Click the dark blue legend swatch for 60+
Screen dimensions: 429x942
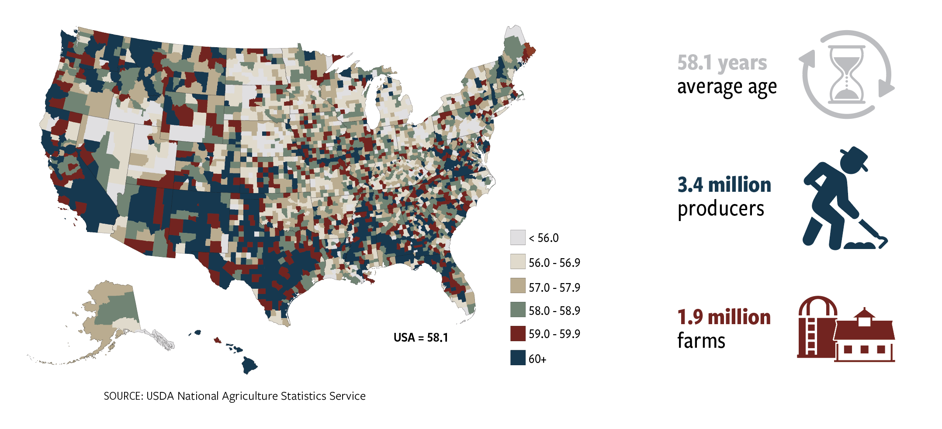point(518,358)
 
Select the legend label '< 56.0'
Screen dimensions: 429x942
point(544,238)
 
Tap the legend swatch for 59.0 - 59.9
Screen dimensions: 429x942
point(518,333)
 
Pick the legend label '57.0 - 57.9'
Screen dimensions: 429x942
point(554,287)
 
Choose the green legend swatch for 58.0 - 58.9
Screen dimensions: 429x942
point(518,310)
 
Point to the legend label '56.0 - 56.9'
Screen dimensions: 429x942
point(554,263)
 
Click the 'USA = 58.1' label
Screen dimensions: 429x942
point(420,338)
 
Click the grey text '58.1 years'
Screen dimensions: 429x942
point(722,62)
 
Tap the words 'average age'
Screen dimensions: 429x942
point(727,87)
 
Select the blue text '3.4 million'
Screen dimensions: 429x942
point(724,185)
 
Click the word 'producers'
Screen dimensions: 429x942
point(720,209)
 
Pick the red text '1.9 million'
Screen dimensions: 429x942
point(724,317)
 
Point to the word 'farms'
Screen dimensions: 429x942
point(701,341)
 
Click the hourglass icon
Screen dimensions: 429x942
point(846,74)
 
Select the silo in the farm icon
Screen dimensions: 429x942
point(816,328)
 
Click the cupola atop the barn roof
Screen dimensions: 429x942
point(864,318)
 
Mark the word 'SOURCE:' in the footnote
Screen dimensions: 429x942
point(123,396)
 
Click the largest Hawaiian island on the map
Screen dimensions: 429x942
point(249,365)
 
